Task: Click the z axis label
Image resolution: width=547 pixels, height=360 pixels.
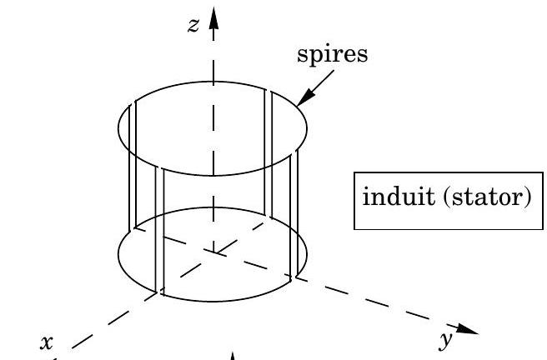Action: (193, 25)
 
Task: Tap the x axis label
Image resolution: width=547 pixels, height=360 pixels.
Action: (47, 342)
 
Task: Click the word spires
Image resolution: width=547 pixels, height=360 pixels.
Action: (333, 54)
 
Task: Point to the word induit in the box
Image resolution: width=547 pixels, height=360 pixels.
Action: (399, 196)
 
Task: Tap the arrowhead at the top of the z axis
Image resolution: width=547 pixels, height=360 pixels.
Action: (213, 17)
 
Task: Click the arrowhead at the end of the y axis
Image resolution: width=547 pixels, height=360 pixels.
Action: (467, 329)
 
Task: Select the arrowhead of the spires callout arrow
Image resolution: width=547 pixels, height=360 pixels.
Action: (304, 98)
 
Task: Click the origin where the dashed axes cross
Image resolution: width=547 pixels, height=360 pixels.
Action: (213, 252)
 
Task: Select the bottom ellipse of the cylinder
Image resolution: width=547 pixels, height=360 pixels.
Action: (213, 301)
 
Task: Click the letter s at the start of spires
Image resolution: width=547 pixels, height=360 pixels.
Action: (301, 56)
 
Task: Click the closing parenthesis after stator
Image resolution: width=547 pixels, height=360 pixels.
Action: (529, 197)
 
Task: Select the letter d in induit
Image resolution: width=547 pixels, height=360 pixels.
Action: (398, 196)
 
